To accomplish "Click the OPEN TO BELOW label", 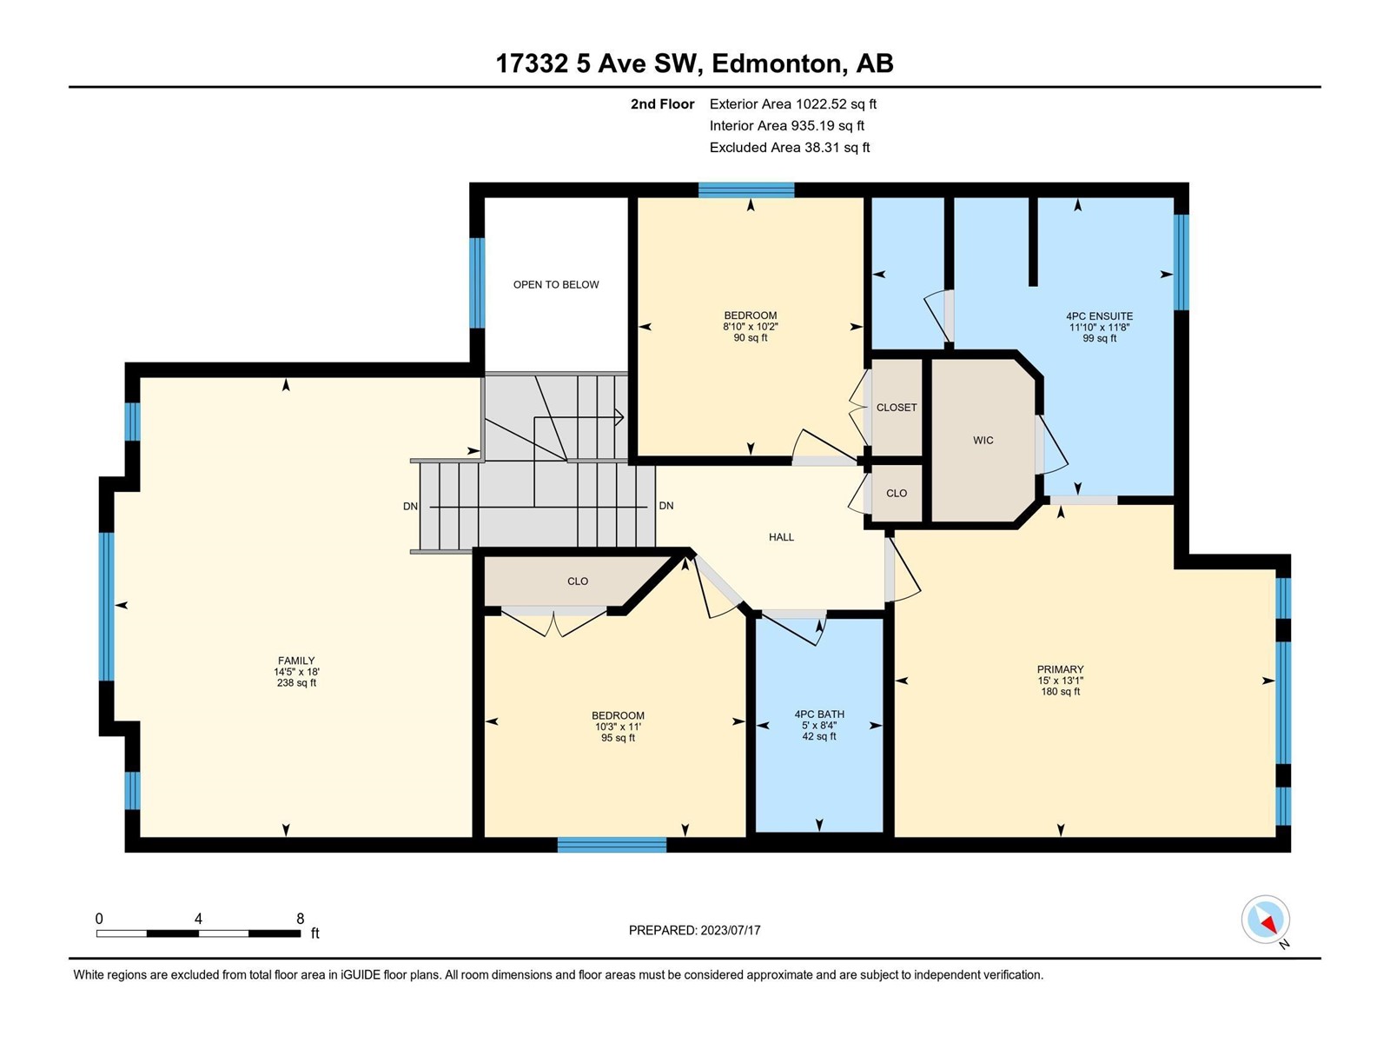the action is (x=555, y=285).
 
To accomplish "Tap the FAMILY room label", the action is (x=295, y=661).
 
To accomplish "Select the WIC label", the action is (x=983, y=440).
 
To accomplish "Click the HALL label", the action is (x=781, y=537).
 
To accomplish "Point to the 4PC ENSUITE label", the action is (x=1099, y=316).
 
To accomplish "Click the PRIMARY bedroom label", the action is (x=1060, y=669).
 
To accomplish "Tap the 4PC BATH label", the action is (x=819, y=714).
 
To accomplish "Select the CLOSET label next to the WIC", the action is (x=896, y=408).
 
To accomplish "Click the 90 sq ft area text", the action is (x=751, y=338).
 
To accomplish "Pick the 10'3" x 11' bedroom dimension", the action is (x=618, y=727).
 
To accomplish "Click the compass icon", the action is (x=1265, y=920).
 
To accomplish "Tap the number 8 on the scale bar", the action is (x=301, y=918).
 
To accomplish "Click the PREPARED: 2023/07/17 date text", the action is (x=694, y=930).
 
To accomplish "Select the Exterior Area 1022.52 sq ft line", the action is (x=792, y=103).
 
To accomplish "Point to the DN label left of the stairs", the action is (x=410, y=506).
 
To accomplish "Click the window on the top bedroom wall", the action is (x=746, y=189).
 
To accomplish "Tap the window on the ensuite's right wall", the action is (x=1181, y=262).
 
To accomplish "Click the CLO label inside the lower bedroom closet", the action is (x=577, y=581).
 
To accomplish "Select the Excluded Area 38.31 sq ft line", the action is (x=789, y=148).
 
